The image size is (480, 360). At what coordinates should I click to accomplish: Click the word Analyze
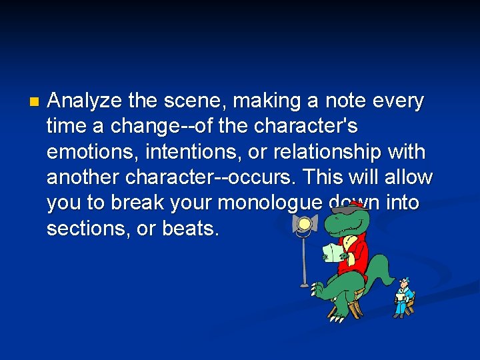click(85, 101)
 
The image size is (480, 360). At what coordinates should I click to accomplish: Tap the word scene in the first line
click(187, 101)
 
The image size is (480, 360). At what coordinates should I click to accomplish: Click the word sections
click(84, 229)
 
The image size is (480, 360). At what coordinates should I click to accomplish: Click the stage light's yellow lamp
click(306, 224)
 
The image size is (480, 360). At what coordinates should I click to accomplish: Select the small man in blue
click(403, 296)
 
